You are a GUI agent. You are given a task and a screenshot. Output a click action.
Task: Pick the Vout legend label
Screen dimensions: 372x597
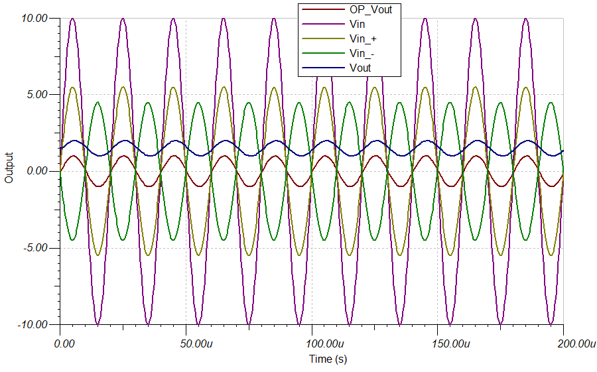(x=360, y=68)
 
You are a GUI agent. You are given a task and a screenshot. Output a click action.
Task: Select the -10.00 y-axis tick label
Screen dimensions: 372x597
(x=32, y=325)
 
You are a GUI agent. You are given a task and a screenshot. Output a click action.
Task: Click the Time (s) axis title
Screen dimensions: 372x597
(x=328, y=359)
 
